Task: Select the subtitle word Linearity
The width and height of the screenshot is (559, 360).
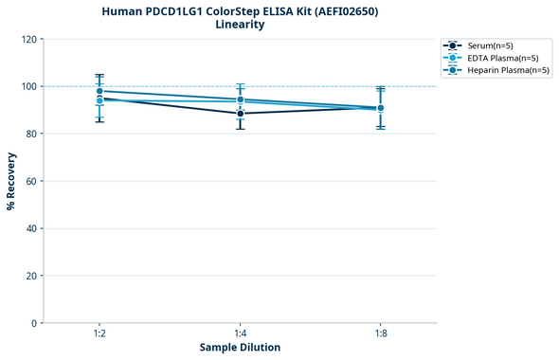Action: tap(240, 25)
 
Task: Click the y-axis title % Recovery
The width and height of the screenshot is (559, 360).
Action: tap(11, 181)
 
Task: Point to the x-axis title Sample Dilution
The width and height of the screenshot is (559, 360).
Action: tap(240, 348)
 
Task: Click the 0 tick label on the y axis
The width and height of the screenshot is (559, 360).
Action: tap(34, 323)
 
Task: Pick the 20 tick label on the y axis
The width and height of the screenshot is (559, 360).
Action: tap(31, 276)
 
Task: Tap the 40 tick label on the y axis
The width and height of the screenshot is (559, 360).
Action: tap(31, 228)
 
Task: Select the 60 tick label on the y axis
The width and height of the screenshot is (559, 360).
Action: tap(31, 181)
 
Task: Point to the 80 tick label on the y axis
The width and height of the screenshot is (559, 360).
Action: tap(31, 134)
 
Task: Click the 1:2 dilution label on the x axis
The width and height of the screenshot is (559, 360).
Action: tap(99, 333)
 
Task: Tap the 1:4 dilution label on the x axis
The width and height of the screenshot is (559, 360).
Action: tap(240, 333)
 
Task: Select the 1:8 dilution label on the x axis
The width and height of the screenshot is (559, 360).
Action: tap(380, 333)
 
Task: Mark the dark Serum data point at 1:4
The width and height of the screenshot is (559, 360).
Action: tap(240, 114)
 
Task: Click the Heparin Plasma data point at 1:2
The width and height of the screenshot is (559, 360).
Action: tap(99, 91)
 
